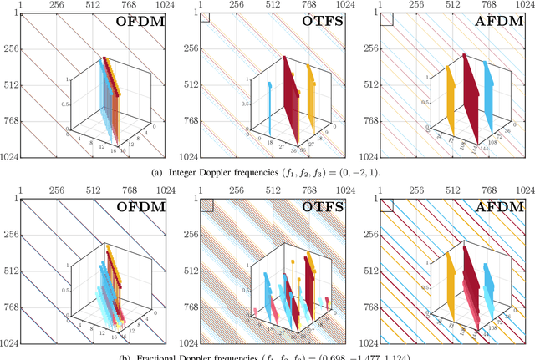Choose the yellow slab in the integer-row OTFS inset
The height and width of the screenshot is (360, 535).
[313, 92]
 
